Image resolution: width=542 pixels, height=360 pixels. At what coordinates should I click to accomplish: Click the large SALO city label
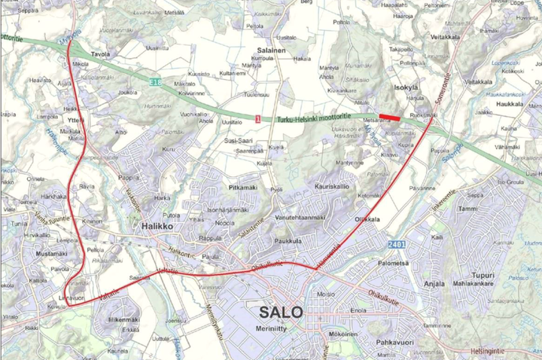point(280,312)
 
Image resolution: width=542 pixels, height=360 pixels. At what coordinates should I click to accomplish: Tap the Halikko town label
point(159,226)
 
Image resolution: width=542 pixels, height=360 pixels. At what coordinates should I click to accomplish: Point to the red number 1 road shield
point(258,119)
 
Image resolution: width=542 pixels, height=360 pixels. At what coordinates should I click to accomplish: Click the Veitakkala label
point(445,35)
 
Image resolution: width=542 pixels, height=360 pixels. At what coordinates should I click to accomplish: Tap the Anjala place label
point(434,284)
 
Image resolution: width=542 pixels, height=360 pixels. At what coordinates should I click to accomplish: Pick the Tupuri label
point(483,275)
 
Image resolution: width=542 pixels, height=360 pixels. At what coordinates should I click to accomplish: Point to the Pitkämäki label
point(244,186)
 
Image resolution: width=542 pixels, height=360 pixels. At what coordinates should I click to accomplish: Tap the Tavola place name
point(101,55)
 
